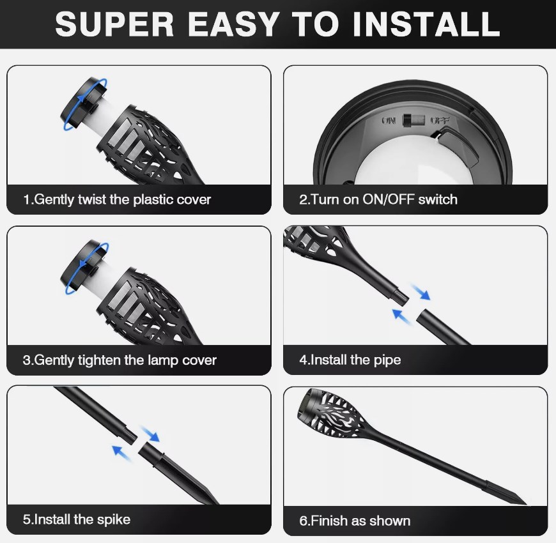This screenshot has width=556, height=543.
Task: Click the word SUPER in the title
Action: point(114,24)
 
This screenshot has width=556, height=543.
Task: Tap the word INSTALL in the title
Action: point(426,24)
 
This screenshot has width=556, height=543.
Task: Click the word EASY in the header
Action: point(233,24)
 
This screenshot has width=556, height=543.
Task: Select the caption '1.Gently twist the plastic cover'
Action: point(117,199)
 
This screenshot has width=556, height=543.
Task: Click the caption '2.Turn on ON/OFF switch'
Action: point(378,199)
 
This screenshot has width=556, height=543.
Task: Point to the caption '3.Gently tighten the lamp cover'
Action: point(120,360)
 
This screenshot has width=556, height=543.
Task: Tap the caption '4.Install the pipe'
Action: point(350,360)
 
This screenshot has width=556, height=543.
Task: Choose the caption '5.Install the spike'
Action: point(77,519)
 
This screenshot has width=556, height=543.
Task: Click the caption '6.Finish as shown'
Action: point(355,521)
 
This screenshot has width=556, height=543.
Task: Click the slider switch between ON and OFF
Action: point(413,121)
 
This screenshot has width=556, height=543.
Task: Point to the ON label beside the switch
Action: point(389,121)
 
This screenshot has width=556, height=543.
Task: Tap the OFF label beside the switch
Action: point(440,121)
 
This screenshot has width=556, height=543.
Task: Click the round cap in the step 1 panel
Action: point(83,103)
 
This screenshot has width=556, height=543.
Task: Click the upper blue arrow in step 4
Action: point(421,292)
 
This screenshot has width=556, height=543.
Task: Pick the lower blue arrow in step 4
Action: point(402,316)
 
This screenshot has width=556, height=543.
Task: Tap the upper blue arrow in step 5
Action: point(150,434)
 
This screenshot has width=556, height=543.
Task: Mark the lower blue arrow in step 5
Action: point(121,454)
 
